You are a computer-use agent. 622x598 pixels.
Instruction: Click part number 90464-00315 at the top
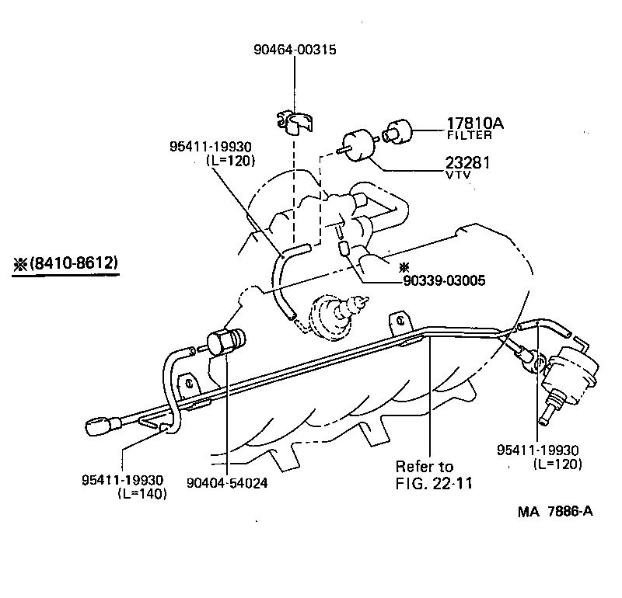point(295,50)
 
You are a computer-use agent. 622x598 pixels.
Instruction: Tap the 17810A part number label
point(475,123)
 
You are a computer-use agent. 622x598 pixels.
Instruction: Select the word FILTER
point(469,135)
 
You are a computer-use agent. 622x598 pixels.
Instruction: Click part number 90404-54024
point(227,482)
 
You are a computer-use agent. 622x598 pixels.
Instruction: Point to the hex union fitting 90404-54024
point(225,342)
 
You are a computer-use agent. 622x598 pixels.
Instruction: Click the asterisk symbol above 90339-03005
point(404,266)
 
